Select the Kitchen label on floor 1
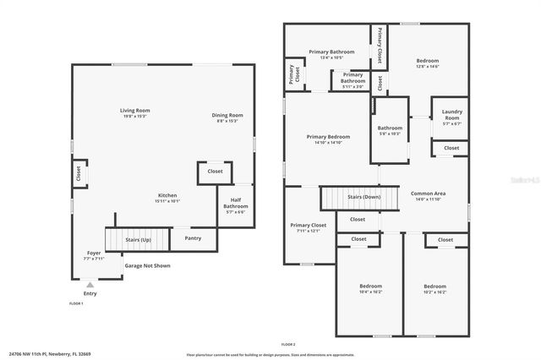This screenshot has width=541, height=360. pos(167,198)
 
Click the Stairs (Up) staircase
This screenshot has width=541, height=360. pos(137,239)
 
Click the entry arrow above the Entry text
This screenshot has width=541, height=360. pos(90,286)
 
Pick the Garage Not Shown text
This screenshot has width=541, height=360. pos(147,265)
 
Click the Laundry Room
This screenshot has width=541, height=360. pos(452,116)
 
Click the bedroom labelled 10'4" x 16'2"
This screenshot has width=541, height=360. pos(371,288)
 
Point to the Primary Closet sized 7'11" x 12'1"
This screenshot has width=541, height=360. pos(308,227)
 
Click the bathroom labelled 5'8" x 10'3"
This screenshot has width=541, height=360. pos(390,130)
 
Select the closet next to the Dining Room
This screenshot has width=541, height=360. pos(215,172)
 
